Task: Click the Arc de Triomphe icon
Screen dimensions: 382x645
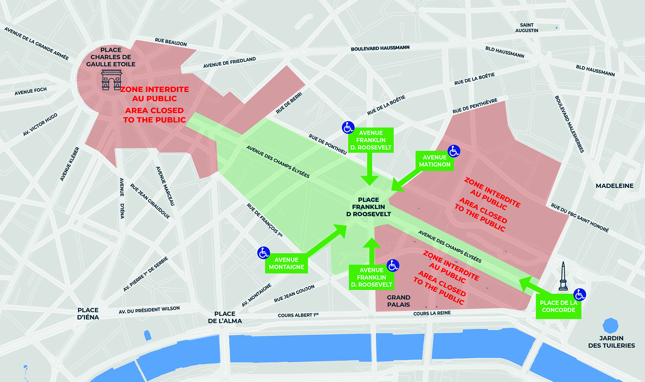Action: click(111, 80)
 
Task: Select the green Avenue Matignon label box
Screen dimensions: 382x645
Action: click(434, 161)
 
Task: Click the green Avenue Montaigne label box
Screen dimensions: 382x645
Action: click(286, 263)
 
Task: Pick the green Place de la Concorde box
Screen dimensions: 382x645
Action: click(558, 306)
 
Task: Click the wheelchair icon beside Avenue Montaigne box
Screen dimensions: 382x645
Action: click(263, 253)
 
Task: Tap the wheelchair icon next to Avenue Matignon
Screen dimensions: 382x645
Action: click(454, 151)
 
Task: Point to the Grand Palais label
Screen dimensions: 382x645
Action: click(398, 301)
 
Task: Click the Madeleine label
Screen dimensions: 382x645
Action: click(614, 186)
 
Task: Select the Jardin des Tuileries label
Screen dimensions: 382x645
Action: click(611, 342)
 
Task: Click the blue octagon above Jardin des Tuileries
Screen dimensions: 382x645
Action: click(610, 325)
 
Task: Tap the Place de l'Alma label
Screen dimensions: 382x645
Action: click(225, 317)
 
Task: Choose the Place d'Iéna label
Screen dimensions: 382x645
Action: click(88, 314)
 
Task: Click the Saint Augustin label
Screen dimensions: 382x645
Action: click(527, 28)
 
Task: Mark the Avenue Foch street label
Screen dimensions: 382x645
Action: click(31, 91)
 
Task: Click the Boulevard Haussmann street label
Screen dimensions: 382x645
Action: click(380, 48)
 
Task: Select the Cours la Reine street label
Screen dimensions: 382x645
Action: click(432, 313)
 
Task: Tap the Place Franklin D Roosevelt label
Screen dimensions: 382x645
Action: click(368, 207)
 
